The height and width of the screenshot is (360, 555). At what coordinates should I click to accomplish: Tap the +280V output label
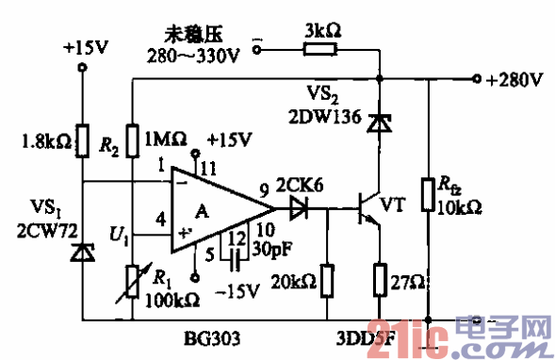[x=514, y=78]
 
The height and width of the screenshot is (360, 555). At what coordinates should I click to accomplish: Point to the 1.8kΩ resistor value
[x=43, y=144]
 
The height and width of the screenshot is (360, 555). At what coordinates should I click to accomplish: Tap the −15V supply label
[x=237, y=290]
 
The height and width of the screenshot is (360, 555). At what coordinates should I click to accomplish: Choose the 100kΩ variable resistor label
[x=172, y=300]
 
